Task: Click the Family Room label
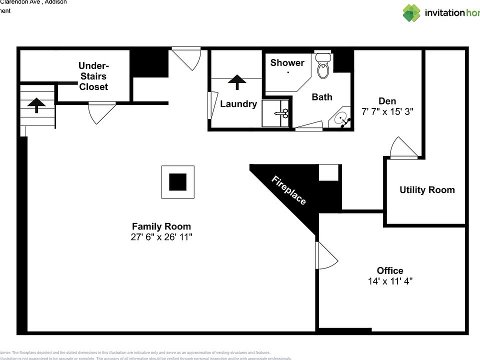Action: click(161, 226)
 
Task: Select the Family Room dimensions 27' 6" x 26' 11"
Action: click(161, 237)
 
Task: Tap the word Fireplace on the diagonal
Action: click(288, 190)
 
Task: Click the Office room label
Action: click(390, 270)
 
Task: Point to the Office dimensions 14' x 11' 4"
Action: click(390, 281)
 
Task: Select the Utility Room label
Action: click(427, 190)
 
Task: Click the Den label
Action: click(387, 101)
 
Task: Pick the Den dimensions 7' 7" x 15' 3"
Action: click(387, 112)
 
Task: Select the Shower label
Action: click(287, 63)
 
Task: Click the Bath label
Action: click(322, 97)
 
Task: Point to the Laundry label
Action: click(238, 104)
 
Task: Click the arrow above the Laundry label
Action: click(237, 82)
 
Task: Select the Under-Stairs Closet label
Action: click(93, 76)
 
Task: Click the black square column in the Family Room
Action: click(177, 181)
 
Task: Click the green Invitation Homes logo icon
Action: click(411, 13)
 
